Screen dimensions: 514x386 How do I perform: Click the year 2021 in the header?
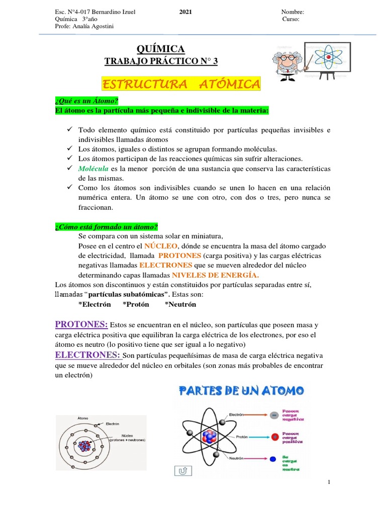(x=185, y=12)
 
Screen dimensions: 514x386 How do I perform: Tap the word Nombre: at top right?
(x=293, y=12)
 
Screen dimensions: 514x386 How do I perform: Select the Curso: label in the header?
(x=291, y=19)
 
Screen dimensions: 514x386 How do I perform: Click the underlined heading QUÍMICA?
(x=161, y=49)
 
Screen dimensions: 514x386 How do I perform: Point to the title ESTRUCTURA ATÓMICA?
(x=181, y=83)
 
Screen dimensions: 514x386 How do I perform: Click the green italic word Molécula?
(x=93, y=168)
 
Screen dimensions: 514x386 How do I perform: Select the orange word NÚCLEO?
(x=161, y=245)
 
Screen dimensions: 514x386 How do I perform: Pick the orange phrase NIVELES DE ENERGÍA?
(x=216, y=275)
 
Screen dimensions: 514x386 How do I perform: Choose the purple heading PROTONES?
(x=81, y=324)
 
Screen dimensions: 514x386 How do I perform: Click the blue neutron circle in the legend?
(x=273, y=459)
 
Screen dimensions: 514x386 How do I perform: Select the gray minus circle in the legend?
(x=273, y=415)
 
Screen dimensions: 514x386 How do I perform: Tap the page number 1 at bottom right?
(x=329, y=482)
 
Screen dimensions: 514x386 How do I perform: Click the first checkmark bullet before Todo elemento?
(x=70, y=130)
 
